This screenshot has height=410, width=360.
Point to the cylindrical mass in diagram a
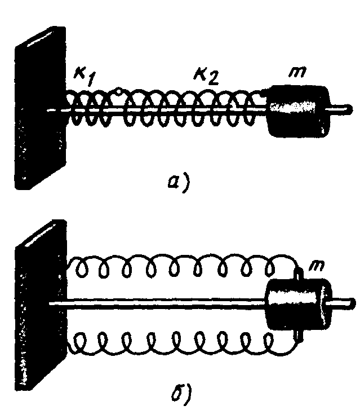296,111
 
